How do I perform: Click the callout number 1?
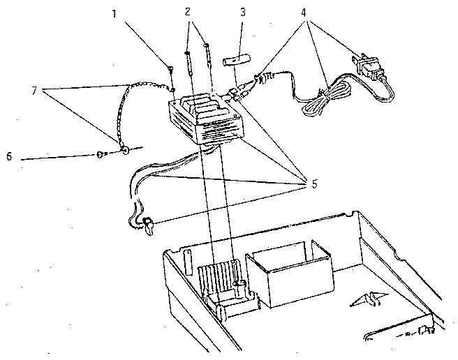[x=114, y=14]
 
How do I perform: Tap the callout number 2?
[x=188, y=12]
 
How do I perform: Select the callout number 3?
[x=243, y=12]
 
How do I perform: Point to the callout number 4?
[x=304, y=13]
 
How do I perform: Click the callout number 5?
[x=314, y=184]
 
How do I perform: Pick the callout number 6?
[x=9, y=157]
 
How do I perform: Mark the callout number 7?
[x=34, y=91]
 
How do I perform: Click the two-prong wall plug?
[x=369, y=67]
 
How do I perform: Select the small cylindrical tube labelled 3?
[x=237, y=62]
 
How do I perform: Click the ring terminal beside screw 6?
[x=126, y=151]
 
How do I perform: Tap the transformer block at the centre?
[x=206, y=118]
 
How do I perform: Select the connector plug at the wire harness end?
[x=148, y=225]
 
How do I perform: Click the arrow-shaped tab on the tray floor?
[x=369, y=299]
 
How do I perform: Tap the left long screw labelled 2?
[x=189, y=63]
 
